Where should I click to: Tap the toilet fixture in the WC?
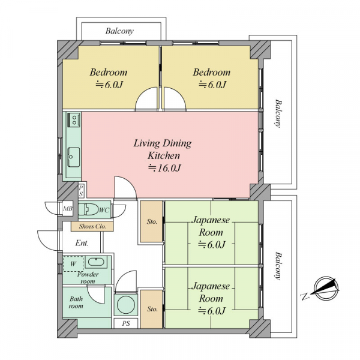88,209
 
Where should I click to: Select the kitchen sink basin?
74,157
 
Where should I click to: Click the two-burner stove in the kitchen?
74,119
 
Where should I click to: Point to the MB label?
68,209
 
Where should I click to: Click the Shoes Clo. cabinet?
92,226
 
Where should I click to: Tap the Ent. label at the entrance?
82,243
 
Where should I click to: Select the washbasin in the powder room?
96,262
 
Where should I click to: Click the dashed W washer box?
73,263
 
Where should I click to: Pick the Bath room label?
76,302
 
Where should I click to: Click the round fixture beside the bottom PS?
125,304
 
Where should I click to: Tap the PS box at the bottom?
126,323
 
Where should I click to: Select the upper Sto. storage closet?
152,221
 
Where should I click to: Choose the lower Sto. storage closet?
152,309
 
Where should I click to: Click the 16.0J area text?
164,168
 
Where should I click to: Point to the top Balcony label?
119,31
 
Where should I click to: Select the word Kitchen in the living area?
164,155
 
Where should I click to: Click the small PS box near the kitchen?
81,191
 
